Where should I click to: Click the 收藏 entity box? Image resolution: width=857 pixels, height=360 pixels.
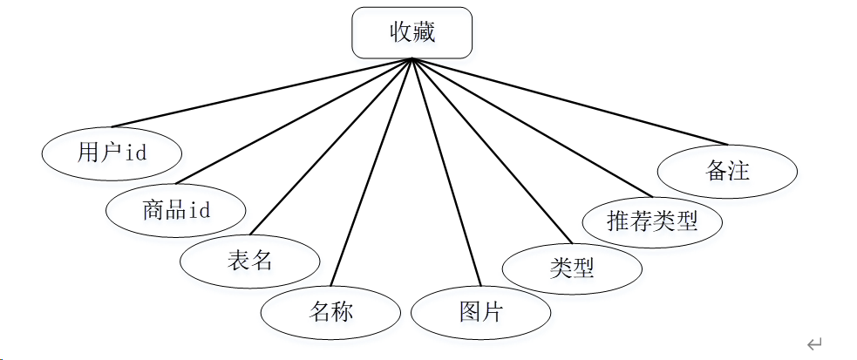411,33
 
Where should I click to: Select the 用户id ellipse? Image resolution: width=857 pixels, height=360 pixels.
112,153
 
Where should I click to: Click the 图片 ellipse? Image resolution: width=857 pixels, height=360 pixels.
480,312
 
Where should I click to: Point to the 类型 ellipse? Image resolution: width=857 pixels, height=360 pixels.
572,268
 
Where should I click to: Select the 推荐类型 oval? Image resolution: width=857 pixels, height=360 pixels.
652,220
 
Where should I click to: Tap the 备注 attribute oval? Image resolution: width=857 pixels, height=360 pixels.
726,170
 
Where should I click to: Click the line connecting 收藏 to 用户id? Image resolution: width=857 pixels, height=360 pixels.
262,93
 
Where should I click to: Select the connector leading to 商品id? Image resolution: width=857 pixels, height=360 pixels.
293,122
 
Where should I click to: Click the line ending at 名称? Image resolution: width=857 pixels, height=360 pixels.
373,172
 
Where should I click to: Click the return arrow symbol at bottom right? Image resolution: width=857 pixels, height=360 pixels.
814,344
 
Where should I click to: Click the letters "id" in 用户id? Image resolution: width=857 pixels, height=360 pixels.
135,154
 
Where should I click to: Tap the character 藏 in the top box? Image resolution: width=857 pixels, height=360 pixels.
424,33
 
